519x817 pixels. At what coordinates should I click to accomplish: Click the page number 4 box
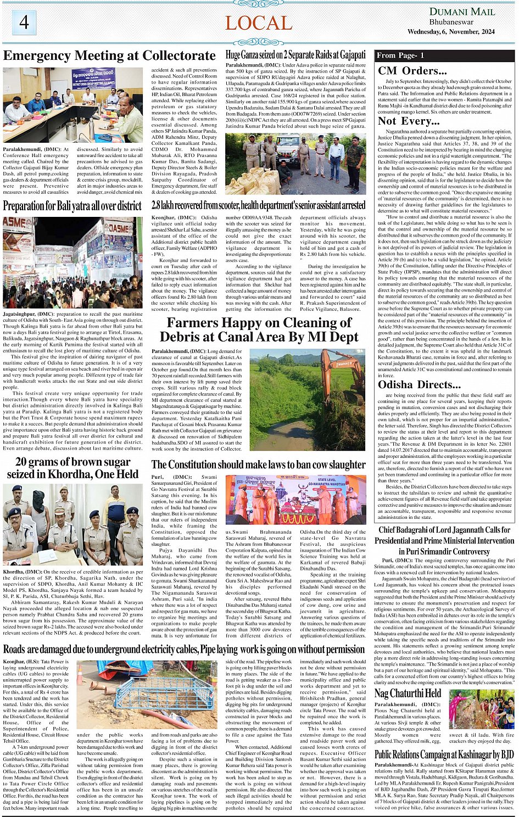click(24, 23)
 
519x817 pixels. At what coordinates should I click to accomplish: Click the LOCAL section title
click(258, 23)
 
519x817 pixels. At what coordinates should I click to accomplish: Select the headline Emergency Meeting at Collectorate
click(109, 55)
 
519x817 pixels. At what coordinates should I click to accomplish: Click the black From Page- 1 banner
click(444, 55)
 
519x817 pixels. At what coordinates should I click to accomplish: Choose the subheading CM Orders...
click(412, 70)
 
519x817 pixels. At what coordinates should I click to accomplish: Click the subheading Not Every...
click(409, 121)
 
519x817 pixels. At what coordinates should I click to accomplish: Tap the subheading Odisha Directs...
click(418, 384)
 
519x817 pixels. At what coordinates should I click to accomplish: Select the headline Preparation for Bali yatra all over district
click(72, 206)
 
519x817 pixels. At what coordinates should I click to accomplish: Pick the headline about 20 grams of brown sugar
click(72, 468)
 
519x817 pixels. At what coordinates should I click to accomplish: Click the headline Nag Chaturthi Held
click(408, 693)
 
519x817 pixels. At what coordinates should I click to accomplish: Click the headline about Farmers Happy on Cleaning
click(259, 329)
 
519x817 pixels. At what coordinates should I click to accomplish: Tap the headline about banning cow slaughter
click(259, 465)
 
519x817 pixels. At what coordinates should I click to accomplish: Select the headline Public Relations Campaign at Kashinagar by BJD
click(444, 754)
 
